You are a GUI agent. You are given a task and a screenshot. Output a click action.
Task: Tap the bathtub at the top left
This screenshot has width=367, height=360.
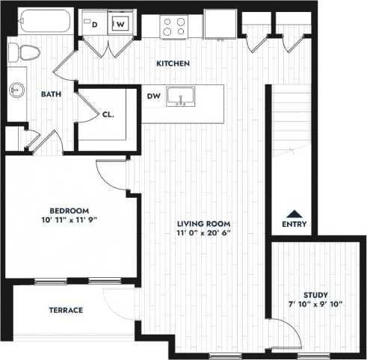[41, 22]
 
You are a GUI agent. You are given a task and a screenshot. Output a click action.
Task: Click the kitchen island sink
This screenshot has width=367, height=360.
[180, 97]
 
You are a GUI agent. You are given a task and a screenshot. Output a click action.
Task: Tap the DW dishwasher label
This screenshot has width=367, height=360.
[154, 96]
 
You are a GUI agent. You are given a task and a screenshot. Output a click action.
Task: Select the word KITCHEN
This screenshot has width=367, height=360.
[173, 63]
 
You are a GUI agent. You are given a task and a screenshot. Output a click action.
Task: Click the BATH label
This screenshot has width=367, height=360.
[51, 94]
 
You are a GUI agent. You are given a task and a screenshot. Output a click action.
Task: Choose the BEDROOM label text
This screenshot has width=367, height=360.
[70, 210]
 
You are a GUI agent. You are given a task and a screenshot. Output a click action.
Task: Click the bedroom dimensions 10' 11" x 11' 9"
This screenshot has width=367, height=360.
[70, 220]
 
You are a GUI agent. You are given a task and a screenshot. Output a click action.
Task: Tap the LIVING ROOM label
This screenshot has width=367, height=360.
[203, 224]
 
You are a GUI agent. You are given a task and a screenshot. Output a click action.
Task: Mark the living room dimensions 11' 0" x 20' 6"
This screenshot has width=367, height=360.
[203, 234]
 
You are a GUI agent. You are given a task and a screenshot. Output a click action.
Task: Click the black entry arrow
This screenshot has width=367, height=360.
[294, 212]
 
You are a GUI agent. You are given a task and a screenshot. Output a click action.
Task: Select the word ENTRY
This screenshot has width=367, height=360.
[294, 224]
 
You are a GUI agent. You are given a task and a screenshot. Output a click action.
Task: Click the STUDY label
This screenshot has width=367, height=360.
[316, 295]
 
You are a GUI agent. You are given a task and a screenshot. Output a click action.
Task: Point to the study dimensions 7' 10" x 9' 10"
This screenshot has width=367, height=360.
[316, 305]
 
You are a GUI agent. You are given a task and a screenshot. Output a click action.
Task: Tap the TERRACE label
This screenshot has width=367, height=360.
[66, 310]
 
